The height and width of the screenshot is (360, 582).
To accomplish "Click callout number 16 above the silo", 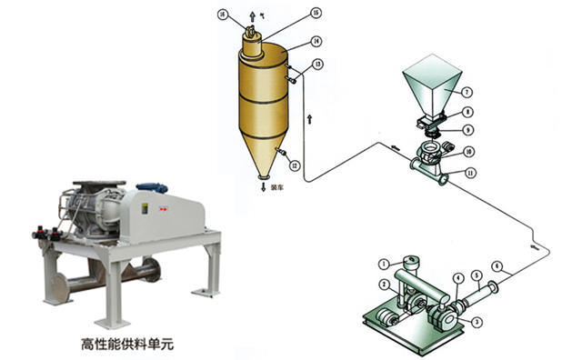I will point(224,15).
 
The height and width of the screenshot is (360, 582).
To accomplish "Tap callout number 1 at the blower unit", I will point(384,265).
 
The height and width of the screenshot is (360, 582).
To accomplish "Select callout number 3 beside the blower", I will point(477,321).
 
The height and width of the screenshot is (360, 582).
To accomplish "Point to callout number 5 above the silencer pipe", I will point(476,275).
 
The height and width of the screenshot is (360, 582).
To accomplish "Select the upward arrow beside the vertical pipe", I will point(310,116).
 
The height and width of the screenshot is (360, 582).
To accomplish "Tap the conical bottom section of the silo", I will point(262,158).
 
